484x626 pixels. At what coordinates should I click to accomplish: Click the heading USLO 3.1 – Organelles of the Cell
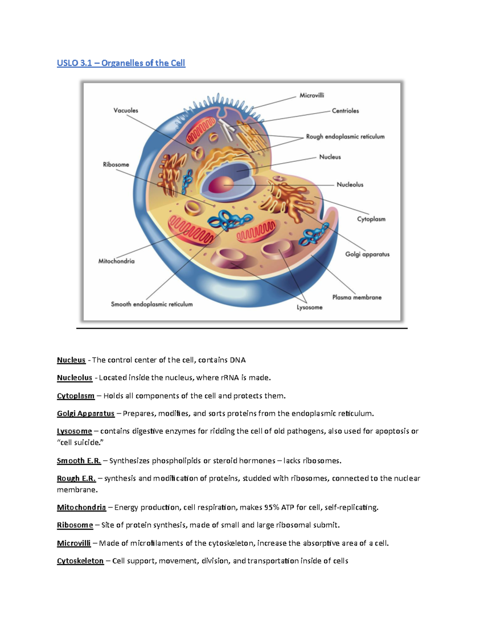tap(121, 63)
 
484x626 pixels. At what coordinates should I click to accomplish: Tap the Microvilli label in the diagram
tap(311, 96)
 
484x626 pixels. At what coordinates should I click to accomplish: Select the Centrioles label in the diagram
tap(345, 111)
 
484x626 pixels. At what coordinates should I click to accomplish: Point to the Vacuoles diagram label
tap(126, 110)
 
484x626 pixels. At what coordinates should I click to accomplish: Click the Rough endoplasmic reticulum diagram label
tap(345, 137)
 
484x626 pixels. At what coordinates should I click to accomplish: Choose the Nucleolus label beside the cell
tap(350, 185)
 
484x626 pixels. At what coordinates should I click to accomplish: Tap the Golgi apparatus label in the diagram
tap(367, 254)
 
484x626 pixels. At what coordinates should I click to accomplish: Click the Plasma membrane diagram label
tap(357, 297)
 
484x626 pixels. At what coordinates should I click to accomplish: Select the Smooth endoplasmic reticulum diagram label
tap(152, 304)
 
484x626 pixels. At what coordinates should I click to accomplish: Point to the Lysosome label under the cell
tap(309, 308)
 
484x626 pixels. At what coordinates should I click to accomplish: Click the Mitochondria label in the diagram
tap(117, 261)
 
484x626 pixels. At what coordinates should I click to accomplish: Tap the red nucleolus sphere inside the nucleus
tap(221, 185)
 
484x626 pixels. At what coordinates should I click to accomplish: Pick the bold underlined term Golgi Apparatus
tap(86, 414)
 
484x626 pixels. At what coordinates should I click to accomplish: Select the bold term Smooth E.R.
tap(79, 461)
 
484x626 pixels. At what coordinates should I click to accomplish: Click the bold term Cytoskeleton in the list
tap(80, 561)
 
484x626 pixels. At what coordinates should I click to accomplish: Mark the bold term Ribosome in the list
tap(75, 525)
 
